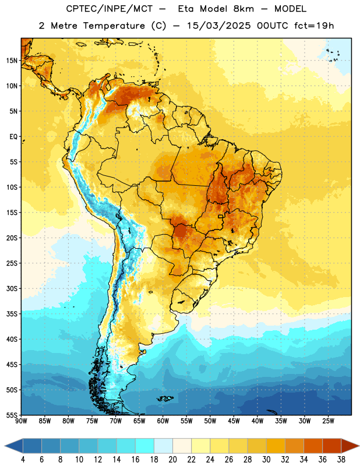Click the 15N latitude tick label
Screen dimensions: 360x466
click(12, 61)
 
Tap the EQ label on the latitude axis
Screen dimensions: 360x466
click(13, 137)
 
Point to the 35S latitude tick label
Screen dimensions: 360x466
click(12, 314)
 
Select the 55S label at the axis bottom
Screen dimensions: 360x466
click(12, 415)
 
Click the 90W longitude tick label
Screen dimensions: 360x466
click(21, 421)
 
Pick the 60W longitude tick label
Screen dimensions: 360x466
click(163, 421)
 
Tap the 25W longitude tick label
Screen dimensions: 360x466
click(328, 421)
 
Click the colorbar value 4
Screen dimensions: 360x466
click(23, 460)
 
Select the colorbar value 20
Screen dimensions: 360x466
click(172, 460)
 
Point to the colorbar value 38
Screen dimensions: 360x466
click(341, 460)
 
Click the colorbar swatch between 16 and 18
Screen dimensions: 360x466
click(145, 446)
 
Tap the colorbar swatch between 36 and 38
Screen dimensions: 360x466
click(332, 446)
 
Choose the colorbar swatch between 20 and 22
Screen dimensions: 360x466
click(182, 446)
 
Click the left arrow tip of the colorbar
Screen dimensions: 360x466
click(5, 446)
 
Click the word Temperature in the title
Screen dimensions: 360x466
click(114, 26)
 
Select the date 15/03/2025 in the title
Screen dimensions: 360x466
click(218, 26)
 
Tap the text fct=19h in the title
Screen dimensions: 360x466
click(314, 26)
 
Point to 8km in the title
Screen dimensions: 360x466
click(243, 9)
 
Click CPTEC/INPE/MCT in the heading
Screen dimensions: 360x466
click(109, 9)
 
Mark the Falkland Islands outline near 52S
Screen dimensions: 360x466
click(165, 398)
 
